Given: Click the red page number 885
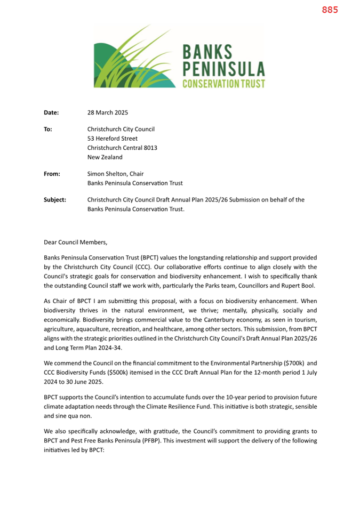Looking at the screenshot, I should tap(330, 10).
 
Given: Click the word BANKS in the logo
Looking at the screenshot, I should tap(207, 52).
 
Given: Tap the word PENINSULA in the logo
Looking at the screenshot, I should tap(223, 68).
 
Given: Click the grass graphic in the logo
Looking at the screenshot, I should tap(133, 59).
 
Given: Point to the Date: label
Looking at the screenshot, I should tap(51, 112).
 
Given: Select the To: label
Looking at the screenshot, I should tap(48, 128).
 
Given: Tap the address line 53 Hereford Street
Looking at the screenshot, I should tap(112, 138).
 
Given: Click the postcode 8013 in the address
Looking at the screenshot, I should tap(149, 148).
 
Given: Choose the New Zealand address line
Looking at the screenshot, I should tap(105, 157).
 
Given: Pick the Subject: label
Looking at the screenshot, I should tap(55, 199).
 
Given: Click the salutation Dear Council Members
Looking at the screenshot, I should tap(75, 242).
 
